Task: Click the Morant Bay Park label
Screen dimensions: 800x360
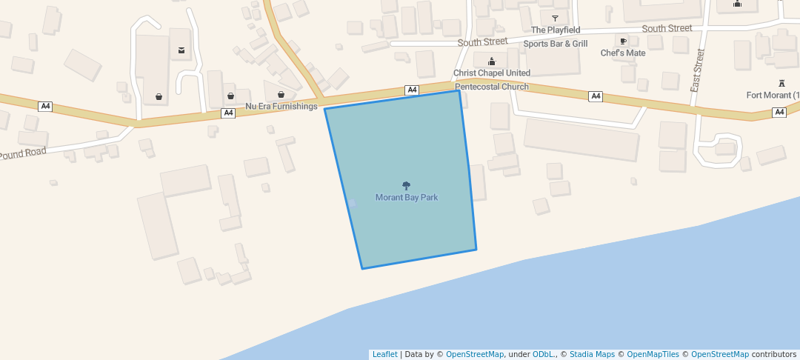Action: pos(406,198)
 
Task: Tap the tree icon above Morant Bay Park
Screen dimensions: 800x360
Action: pos(406,185)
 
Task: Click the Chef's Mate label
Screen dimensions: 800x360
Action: pos(622,53)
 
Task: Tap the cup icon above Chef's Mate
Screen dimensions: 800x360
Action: pos(623,41)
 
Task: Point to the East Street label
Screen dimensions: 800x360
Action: pos(698,70)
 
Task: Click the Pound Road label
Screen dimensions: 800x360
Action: pos(23,154)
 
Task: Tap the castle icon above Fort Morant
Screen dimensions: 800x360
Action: pos(781,82)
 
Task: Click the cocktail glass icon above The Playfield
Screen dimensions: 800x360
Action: pos(555,18)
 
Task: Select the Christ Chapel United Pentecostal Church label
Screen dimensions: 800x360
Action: pos(492,80)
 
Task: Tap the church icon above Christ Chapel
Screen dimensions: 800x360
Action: pos(491,61)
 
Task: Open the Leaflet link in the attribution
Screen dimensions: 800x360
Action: pos(384,355)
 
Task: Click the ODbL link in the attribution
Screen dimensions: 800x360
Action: pos(544,355)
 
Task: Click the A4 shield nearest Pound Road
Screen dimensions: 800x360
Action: pos(46,107)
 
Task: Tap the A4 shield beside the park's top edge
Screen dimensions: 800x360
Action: pos(413,90)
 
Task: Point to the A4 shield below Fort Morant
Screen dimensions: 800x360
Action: pos(779,113)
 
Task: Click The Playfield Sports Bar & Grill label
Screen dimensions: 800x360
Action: pos(556,37)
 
